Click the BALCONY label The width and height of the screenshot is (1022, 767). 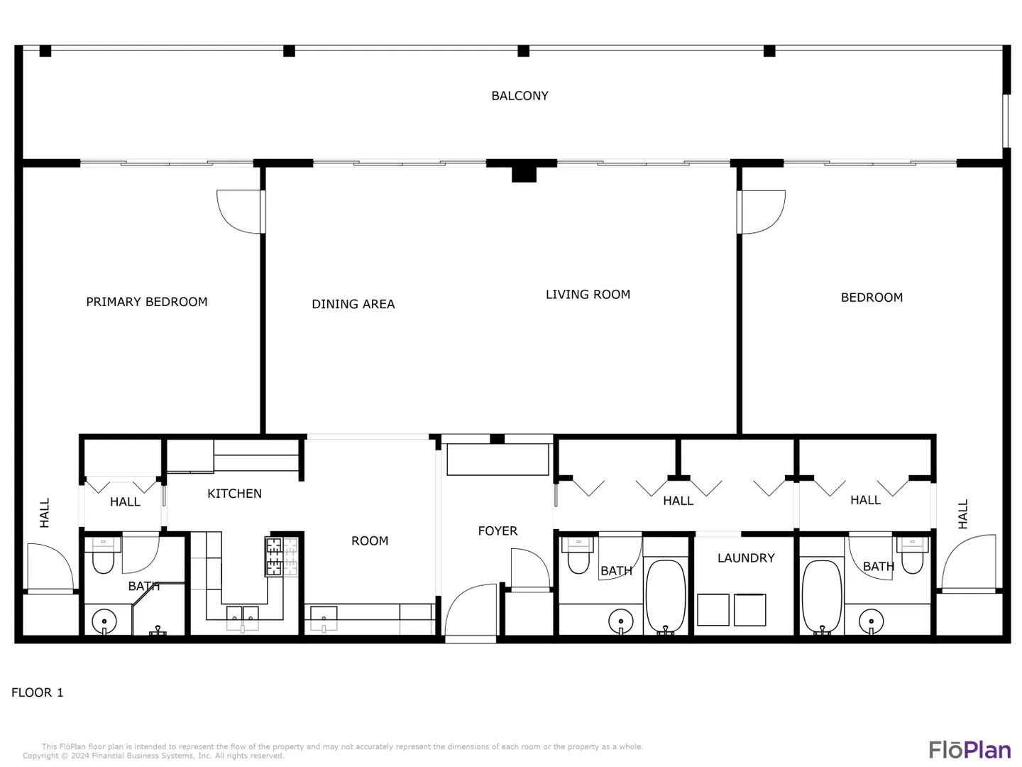pos(519,95)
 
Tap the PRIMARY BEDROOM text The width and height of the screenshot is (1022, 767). pos(147,302)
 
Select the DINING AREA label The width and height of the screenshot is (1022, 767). pos(353,304)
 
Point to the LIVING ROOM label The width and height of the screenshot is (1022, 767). pos(588,294)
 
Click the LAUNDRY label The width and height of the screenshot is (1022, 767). pos(745,558)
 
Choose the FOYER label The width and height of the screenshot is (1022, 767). pos(498,531)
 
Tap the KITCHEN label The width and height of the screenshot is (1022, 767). pos(234,494)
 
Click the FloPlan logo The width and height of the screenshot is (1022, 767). pos(969,749)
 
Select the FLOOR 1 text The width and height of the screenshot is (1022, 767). pos(37,692)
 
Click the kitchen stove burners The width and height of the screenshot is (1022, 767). pos(281,556)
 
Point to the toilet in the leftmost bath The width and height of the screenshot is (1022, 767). pos(104,555)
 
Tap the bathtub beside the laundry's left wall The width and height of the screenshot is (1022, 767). pos(665,597)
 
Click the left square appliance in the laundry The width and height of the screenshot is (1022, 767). pos(713,609)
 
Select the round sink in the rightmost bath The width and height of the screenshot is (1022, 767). pos(871,621)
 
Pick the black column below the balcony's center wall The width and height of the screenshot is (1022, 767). pos(524,174)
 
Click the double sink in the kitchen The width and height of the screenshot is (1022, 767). pos(242,618)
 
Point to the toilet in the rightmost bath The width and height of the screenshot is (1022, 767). pos(912,555)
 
